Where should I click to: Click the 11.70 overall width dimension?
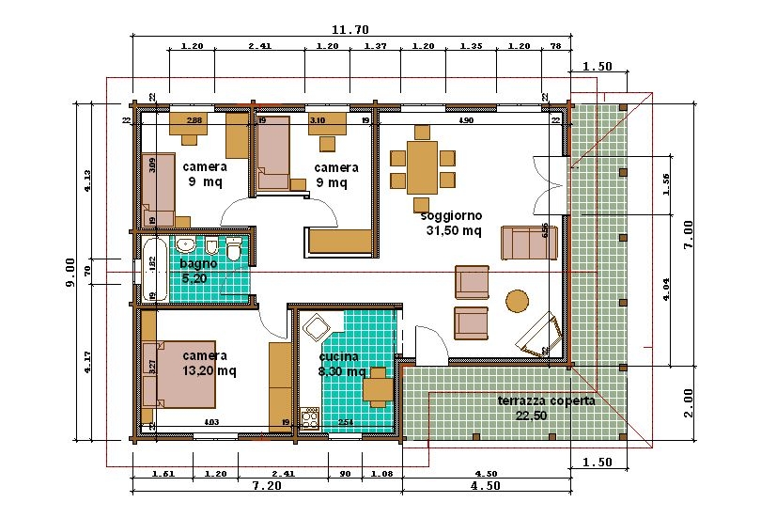coord(349,29)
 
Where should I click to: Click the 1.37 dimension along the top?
coord(376,46)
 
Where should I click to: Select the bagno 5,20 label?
coord(197,271)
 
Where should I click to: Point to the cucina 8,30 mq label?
coord(341,364)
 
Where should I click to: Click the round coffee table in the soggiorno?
coord(518,300)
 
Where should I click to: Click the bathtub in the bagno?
coord(150,270)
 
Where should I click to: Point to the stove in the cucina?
coord(309,417)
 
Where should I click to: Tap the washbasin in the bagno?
coord(185,246)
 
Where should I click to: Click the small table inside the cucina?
coord(379,385)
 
